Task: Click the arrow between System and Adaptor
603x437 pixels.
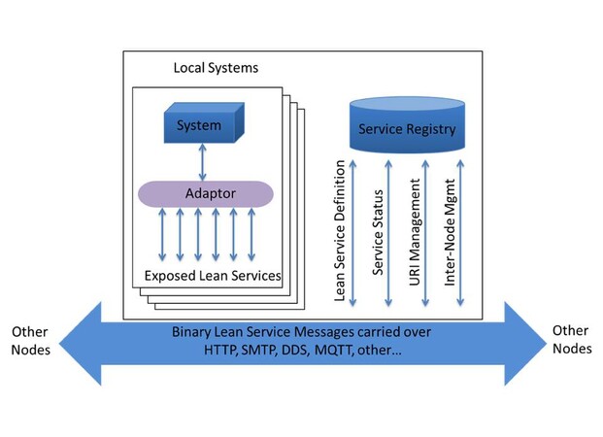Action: [x=199, y=159]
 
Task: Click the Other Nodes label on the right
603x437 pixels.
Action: [x=570, y=340]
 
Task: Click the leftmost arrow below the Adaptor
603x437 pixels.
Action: [x=162, y=234]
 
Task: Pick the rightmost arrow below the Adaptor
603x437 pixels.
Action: [x=252, y=234]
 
